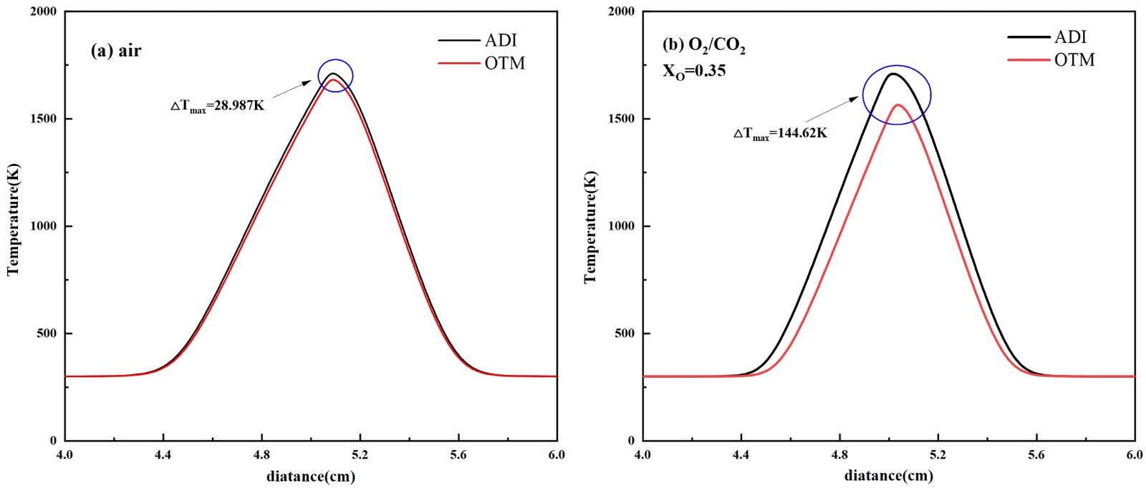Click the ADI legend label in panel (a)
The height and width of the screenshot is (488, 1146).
[x=500, y=40]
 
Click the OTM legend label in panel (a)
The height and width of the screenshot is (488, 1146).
[x=504, y=63]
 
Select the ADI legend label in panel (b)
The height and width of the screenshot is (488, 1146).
[x=1070, y=36]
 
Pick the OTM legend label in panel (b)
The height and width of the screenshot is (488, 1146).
[x=1074, y=59]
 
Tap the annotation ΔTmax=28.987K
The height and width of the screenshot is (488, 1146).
[x=217, y=106]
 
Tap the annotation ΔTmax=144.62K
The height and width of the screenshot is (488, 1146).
[x=780, y=133]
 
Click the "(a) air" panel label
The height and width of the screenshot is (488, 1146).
[x=116, y=51]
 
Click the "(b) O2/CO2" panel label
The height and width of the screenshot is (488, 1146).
[x=704, y=46]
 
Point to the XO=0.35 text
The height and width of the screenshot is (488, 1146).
[x=694, y=71]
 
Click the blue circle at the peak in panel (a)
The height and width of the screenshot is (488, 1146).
[x=335, y=75]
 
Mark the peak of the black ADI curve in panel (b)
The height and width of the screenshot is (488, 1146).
[x=892, y=74]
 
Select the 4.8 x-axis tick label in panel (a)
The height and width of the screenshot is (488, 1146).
[x=261, y=455]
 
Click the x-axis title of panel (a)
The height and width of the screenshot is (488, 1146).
[x=311, y=476]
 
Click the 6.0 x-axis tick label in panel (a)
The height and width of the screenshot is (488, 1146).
[x=556, y=455]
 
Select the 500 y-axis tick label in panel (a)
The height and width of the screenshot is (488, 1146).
[x=49, y=333]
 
